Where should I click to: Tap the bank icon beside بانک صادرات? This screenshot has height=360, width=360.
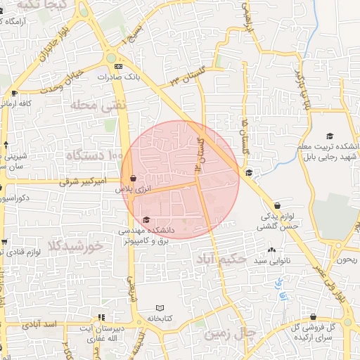point(117,67)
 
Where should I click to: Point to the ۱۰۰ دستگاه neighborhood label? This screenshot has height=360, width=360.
point(94,154)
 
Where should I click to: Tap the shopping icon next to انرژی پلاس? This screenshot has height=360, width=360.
point(133,179)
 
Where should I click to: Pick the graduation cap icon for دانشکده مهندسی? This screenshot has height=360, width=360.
point(146,220)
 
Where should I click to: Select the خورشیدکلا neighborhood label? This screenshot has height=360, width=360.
point(75,246)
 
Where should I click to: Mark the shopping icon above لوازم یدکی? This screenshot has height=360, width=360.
point(278,205)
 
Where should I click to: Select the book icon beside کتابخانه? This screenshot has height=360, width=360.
point(160,307)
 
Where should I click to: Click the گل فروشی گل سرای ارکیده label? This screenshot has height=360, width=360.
point(328,333)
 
